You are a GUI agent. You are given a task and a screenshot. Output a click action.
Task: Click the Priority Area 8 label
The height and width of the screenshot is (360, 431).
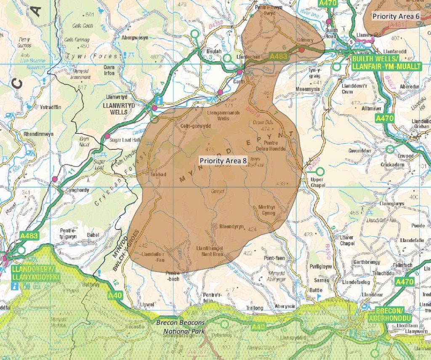(x=223, y=160)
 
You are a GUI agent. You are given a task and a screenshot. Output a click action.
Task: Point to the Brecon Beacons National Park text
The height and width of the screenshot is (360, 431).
(x=181, y=326)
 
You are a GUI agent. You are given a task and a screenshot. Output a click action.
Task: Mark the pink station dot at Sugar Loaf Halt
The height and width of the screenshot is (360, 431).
(x=108, y=136)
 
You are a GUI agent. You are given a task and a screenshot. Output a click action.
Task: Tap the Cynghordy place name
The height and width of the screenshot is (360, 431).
(x=77, y=190)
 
